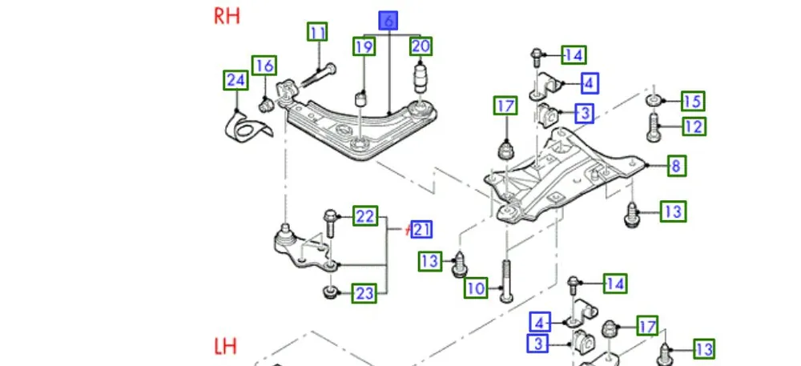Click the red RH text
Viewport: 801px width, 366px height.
tap(227, 17)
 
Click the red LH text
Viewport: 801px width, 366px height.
tap(226, 347)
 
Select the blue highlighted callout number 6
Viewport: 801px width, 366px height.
tap(388, 21)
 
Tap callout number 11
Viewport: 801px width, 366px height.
tap(318, 32)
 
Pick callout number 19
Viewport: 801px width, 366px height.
tap(364, 47)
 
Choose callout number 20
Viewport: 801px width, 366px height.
tap(421, 46)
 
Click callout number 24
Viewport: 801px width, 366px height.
tap(235, 79)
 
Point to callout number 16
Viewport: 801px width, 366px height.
tap(264, 65)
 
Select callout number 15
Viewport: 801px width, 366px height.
tap(692, 101)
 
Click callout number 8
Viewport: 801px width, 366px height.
tap(675, 166)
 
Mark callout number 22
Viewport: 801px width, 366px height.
tap(365, 216)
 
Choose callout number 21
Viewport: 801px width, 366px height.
tap(422, 230)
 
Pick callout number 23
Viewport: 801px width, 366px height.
tap(364, 294)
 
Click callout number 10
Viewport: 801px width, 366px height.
tap(477, 288)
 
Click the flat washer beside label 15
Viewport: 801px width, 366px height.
tap(654, 100)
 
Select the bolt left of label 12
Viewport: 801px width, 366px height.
tap(654, 126)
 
